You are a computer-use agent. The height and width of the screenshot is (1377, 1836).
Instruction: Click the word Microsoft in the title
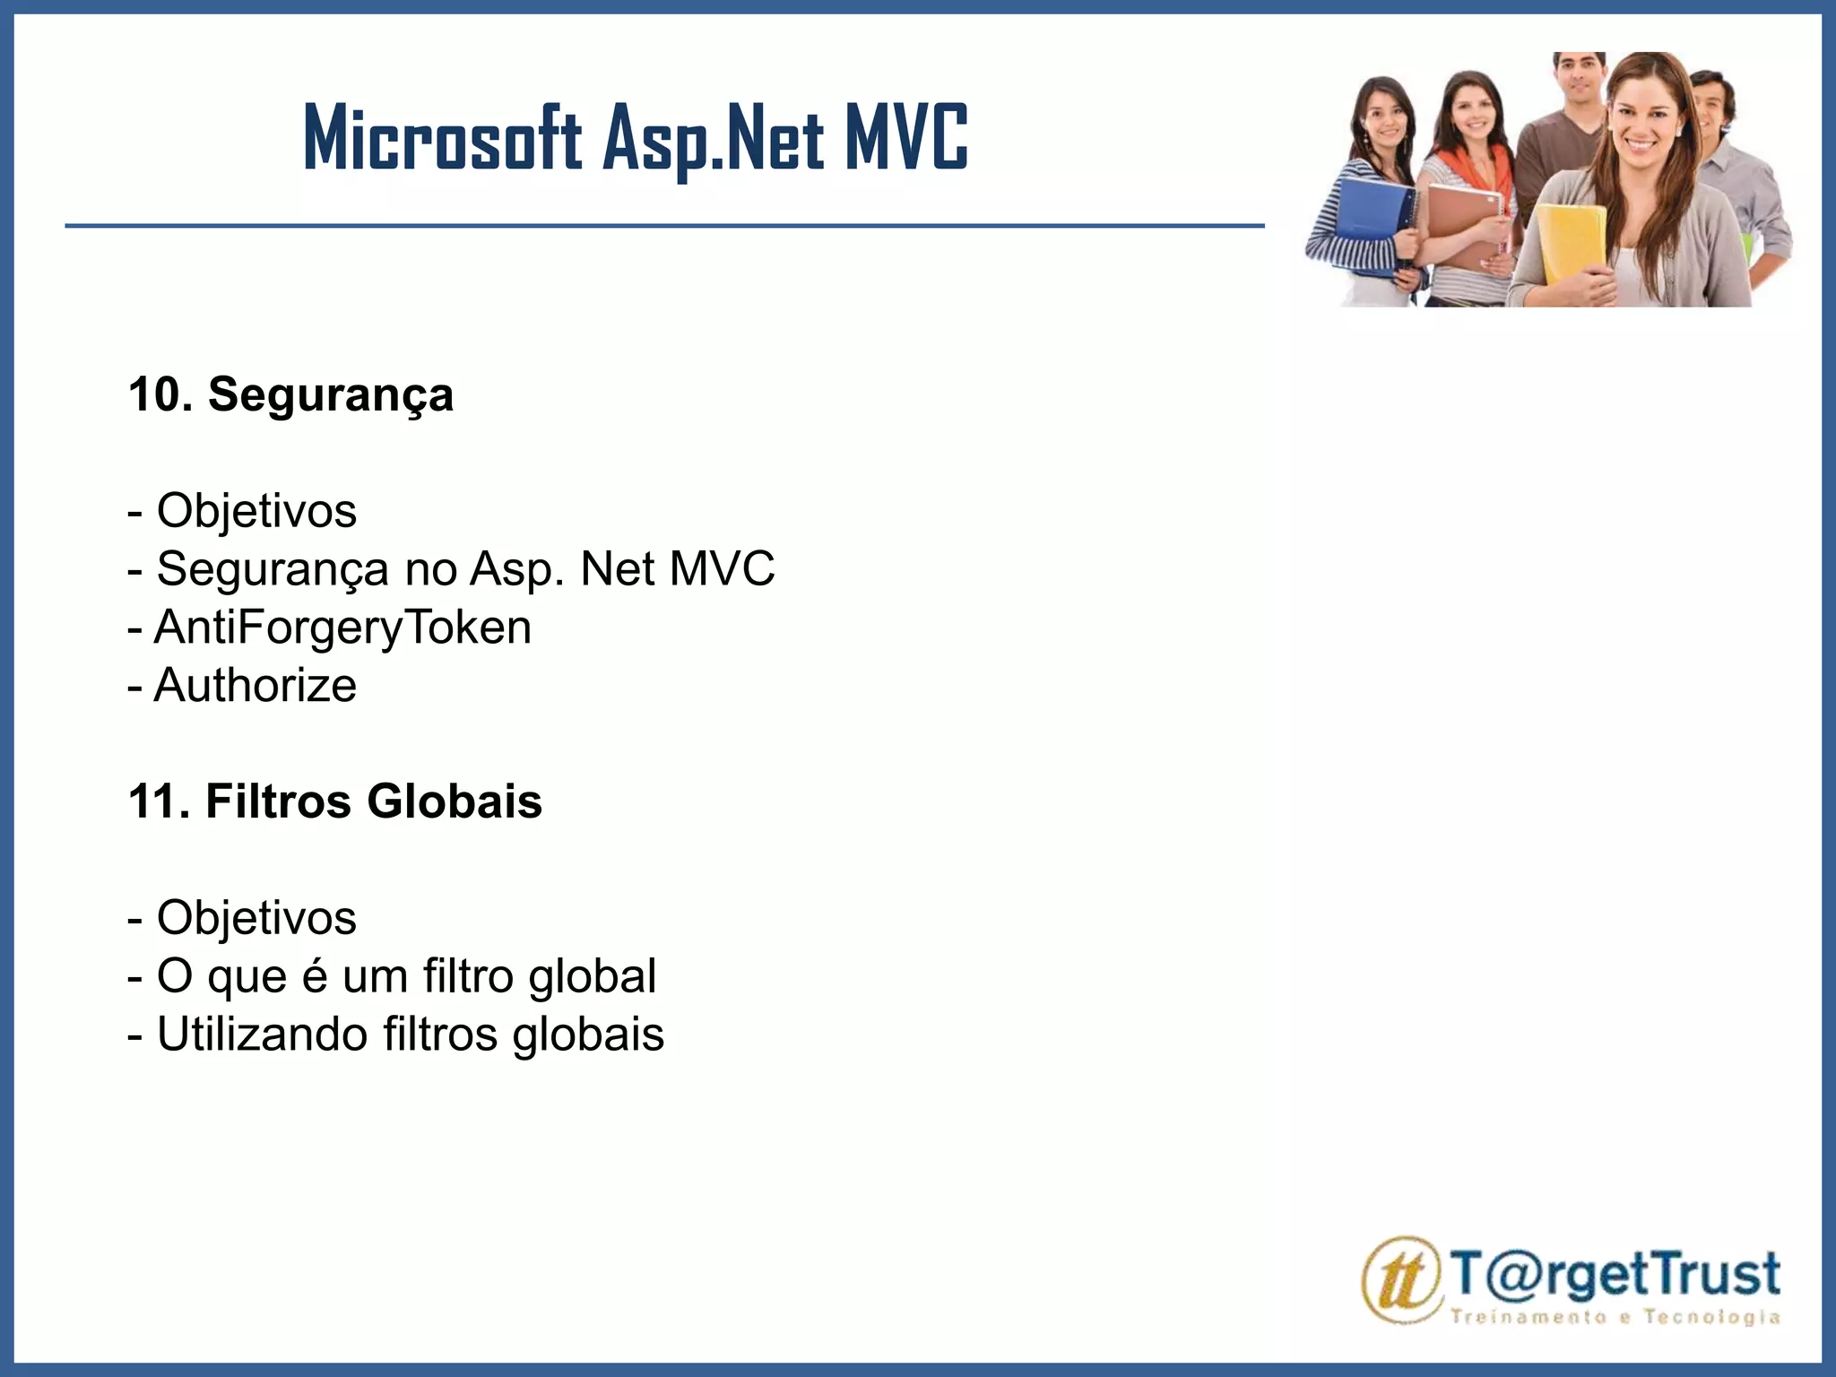point(443,139)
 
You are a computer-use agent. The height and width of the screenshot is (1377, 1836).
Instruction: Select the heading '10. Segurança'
point(290,394)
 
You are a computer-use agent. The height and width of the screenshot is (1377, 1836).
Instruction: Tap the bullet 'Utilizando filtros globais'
point(395,1034)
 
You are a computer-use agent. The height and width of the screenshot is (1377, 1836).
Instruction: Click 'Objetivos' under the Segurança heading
point(242,511)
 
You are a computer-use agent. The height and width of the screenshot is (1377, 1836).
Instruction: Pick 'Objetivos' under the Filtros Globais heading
point(242,917)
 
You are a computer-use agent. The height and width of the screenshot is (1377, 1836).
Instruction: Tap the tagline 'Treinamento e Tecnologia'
point(1615,1317)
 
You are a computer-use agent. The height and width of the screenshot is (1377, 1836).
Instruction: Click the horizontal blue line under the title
point(663,226)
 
